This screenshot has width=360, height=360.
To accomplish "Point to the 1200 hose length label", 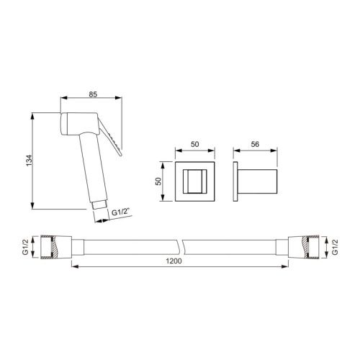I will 172,262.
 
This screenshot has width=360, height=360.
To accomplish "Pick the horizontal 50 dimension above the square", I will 194,144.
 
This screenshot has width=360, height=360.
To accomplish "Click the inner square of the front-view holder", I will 195,181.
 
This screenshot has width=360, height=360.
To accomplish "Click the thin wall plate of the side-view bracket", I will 236,181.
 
